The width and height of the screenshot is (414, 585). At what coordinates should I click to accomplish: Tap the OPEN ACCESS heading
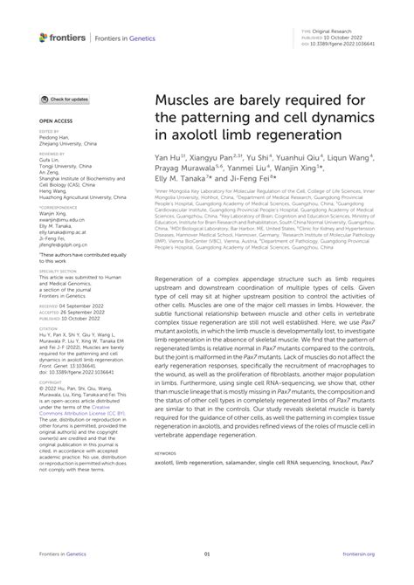(x=56, y=120)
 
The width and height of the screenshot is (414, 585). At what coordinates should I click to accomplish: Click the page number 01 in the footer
(x=207, y=554)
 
